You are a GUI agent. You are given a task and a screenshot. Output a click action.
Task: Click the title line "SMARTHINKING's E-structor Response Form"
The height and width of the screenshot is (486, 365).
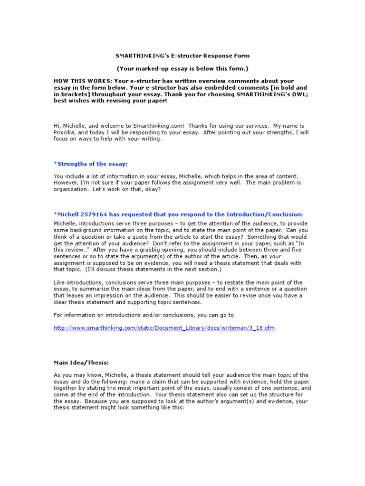(x=183, y=56)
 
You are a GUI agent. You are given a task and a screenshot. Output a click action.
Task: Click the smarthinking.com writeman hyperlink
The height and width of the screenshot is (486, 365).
(x=164, y=328)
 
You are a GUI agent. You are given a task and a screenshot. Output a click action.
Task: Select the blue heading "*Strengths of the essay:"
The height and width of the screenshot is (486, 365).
(x=90, y=164)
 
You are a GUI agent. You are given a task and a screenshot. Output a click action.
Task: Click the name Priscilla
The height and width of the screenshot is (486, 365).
(x=67, y=133)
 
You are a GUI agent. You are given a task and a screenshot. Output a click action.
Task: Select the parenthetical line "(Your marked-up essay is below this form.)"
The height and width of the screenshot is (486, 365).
(x=183, y=68)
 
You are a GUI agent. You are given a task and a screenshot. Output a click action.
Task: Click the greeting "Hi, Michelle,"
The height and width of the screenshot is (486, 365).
(x=70, y=126)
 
